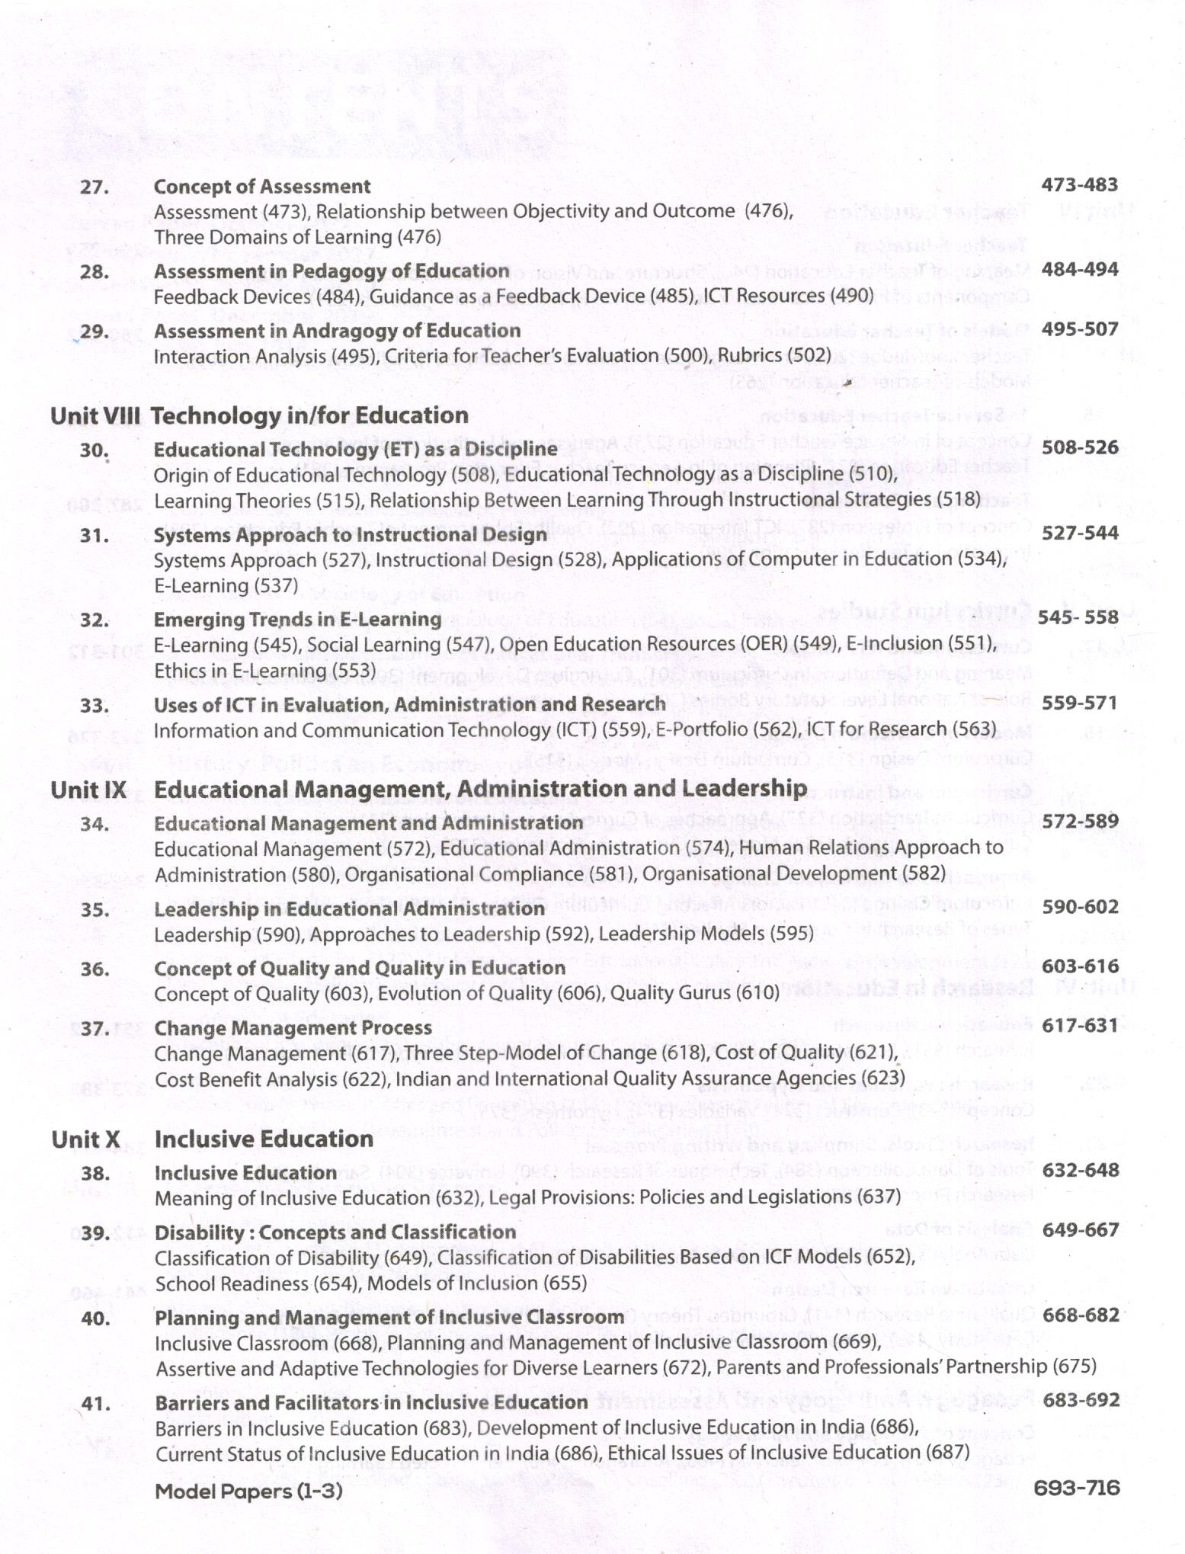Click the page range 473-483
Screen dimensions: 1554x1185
pyautogui.click(x=1079, y=184)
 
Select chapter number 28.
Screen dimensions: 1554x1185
pyautogui.click(x=94, y=272)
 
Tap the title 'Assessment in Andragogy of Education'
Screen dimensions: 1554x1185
pyautogui.click(x=337, y=331)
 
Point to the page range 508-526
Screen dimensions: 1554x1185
pyautogui.click(x=1080, y=447)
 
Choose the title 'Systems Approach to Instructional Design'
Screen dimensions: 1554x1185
pyautogui.click(x=350, y=535)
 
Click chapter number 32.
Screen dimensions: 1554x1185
pyautogui.click(x=94, y=620)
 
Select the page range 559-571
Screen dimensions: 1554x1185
pyautogui.click(x=1079, y=703)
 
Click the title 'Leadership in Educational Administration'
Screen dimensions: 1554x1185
pyautogui.click(x=349, y=909)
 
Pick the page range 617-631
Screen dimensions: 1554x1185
pyautogui.click(x=1079, y=1025)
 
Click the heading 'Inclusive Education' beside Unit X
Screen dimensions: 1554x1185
pyautogui.click(x=264, y=1139)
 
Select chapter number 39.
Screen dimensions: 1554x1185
pyautogui.click(x=95, y=1233)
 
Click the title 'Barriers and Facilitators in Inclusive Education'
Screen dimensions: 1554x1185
pyautogui.click(x=371, y=1402)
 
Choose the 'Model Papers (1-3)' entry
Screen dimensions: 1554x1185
pyautogui.click(x=248, y=1491)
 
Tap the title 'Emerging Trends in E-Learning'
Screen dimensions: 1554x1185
pyautogui.click(x=297, y=620)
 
